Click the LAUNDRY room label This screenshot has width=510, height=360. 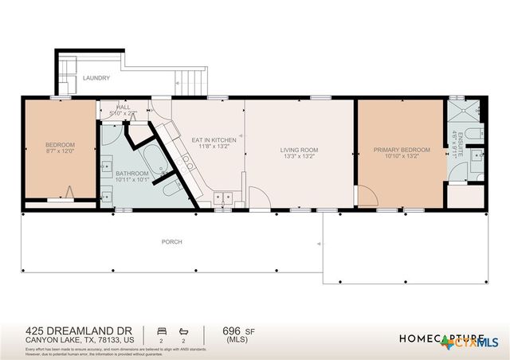(x=95, y=78)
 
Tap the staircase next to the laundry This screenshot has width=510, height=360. (x=186, y=80)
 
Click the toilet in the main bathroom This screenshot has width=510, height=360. (x=171, y=189)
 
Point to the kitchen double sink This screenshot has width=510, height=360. (x=223, y=197)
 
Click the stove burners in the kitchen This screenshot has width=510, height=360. (x=189, y=163)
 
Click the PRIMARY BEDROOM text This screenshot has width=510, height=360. (x=402, y=150)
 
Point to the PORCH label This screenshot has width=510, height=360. (x=171, y=241)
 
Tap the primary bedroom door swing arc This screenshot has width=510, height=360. (x=364, y=193)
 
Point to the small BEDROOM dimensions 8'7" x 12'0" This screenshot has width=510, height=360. (x=60, y=151)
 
